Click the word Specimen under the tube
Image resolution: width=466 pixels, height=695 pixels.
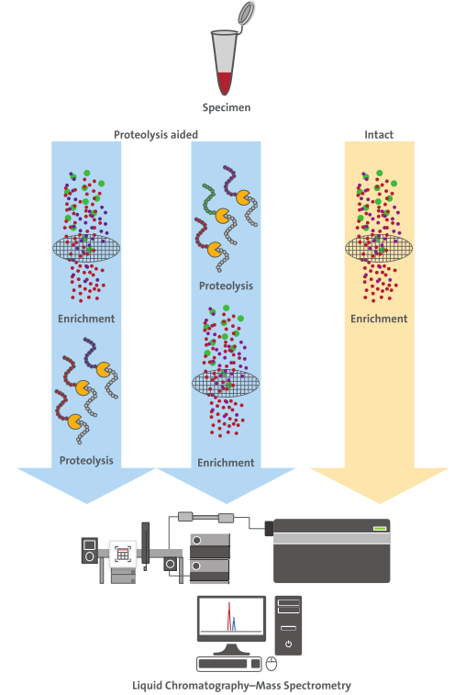(x=227, y=107)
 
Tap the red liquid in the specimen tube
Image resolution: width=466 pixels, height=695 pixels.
(x=225, y=83)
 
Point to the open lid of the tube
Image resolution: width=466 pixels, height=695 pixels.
(x=246, y=13)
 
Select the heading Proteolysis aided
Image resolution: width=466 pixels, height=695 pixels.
(x=156, y=135)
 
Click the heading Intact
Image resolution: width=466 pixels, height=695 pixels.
(x=379, y=135)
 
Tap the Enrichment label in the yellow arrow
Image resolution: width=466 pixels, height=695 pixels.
(x=379, y=319)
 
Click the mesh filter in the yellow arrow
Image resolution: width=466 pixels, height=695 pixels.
(x=379, y=248)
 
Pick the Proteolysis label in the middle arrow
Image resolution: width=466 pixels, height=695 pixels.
(x=226, y=286)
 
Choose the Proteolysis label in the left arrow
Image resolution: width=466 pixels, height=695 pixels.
(x=86, y=461)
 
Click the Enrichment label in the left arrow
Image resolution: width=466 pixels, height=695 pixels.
(x=86, y=319)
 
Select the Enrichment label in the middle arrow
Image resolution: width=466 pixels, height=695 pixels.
(x=226, y=463)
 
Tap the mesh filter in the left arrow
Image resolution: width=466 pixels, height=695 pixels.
(x=86, y=248)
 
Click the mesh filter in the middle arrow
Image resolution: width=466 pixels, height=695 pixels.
(x=226, y=384)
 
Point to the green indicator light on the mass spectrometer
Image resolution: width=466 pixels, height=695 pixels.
(x=379, y=528)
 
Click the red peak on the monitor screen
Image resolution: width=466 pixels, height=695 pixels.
(x=229, y=617)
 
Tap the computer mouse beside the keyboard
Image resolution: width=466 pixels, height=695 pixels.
(x=272, y=664)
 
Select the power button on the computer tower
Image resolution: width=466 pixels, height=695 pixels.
(x=288, y=644)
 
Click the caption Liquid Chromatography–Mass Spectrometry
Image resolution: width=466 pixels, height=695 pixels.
(x=241, y=686)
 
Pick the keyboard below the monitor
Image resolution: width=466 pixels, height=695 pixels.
(x=229, y=664)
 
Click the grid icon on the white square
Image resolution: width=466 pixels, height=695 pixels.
(x=123, y=554)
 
